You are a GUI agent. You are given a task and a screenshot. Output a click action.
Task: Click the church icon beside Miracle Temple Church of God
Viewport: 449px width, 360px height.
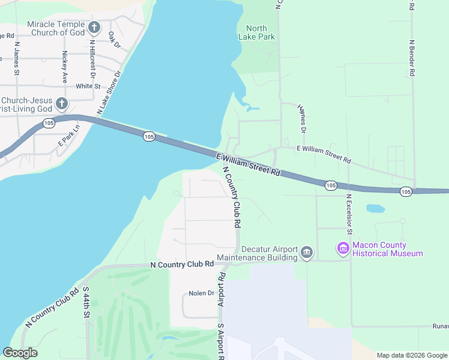tap(94, 28)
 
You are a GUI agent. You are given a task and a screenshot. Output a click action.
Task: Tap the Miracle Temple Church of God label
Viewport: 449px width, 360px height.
tap(56, 28)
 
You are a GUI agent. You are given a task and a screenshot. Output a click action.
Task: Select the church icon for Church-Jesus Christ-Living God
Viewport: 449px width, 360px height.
tap(61, 104)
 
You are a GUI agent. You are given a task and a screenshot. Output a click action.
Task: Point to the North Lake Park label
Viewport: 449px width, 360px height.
tap(256, 32)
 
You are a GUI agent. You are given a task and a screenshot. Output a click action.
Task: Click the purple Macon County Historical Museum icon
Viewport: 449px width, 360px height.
tap(343, 248)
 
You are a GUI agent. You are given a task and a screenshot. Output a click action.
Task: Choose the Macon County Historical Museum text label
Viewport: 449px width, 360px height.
tap(387, 249)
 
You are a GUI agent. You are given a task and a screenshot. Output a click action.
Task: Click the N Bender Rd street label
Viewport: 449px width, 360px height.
tap(412, 58)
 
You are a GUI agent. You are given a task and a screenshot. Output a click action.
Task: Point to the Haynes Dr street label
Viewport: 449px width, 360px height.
tap(302, 118)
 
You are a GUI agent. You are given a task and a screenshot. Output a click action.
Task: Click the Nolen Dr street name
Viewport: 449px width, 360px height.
tap(201, 293)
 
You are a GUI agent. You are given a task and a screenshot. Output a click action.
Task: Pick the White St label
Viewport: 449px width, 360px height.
tap(88, 86)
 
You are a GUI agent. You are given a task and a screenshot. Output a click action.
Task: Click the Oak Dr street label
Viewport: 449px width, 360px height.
tap(115, 41)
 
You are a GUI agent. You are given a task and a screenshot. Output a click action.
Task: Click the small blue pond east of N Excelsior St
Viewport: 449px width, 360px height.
tap(375, 209)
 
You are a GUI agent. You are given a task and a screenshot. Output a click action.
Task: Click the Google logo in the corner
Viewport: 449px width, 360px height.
tap(20, 353)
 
